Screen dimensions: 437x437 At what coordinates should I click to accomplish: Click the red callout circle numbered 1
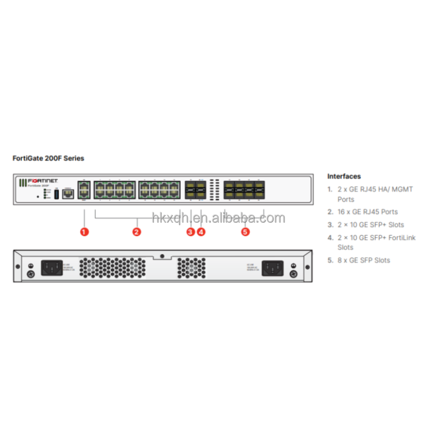point(84,232)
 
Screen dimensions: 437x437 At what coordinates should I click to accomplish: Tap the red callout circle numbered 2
point(137,232)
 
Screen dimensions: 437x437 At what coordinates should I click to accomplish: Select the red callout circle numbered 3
point(190,232)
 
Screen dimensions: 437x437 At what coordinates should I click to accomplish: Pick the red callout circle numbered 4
point(201,232)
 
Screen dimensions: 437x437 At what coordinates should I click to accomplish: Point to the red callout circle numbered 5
point(245,232)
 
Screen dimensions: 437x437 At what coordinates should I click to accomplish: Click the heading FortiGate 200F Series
point(48,158)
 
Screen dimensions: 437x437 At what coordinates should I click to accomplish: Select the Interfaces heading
point(344,176)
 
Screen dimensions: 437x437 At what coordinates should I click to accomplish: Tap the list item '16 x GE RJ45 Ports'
point(367,211)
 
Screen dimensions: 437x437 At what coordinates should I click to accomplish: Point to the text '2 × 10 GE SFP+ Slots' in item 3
point(370,225)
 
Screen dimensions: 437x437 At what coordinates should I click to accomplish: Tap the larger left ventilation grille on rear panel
point(113,268)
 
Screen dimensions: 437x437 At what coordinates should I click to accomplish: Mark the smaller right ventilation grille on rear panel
point(191,268)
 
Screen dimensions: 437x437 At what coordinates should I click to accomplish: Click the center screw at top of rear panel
point(162,256)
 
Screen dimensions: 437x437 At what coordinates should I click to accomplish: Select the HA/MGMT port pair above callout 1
point(84,190)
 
